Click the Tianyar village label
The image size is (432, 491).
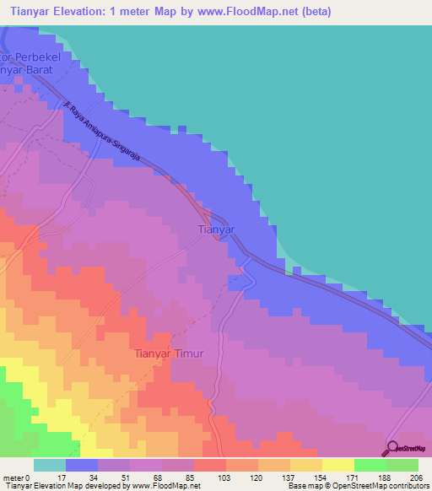tap(215, 229)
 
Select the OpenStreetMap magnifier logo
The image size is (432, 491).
tap(392, 450)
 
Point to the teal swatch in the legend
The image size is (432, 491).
tap(50, 465)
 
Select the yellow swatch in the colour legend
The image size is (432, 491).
tap(337, 465)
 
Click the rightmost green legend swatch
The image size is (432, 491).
tap(402, 465)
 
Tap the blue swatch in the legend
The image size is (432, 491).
tap(82, 465)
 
